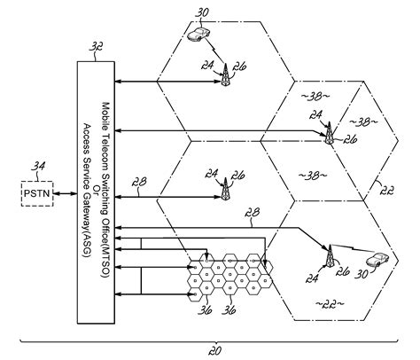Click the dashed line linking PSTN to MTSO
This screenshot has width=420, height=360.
click(65, 192)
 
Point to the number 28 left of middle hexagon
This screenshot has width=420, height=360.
click(140, 183)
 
